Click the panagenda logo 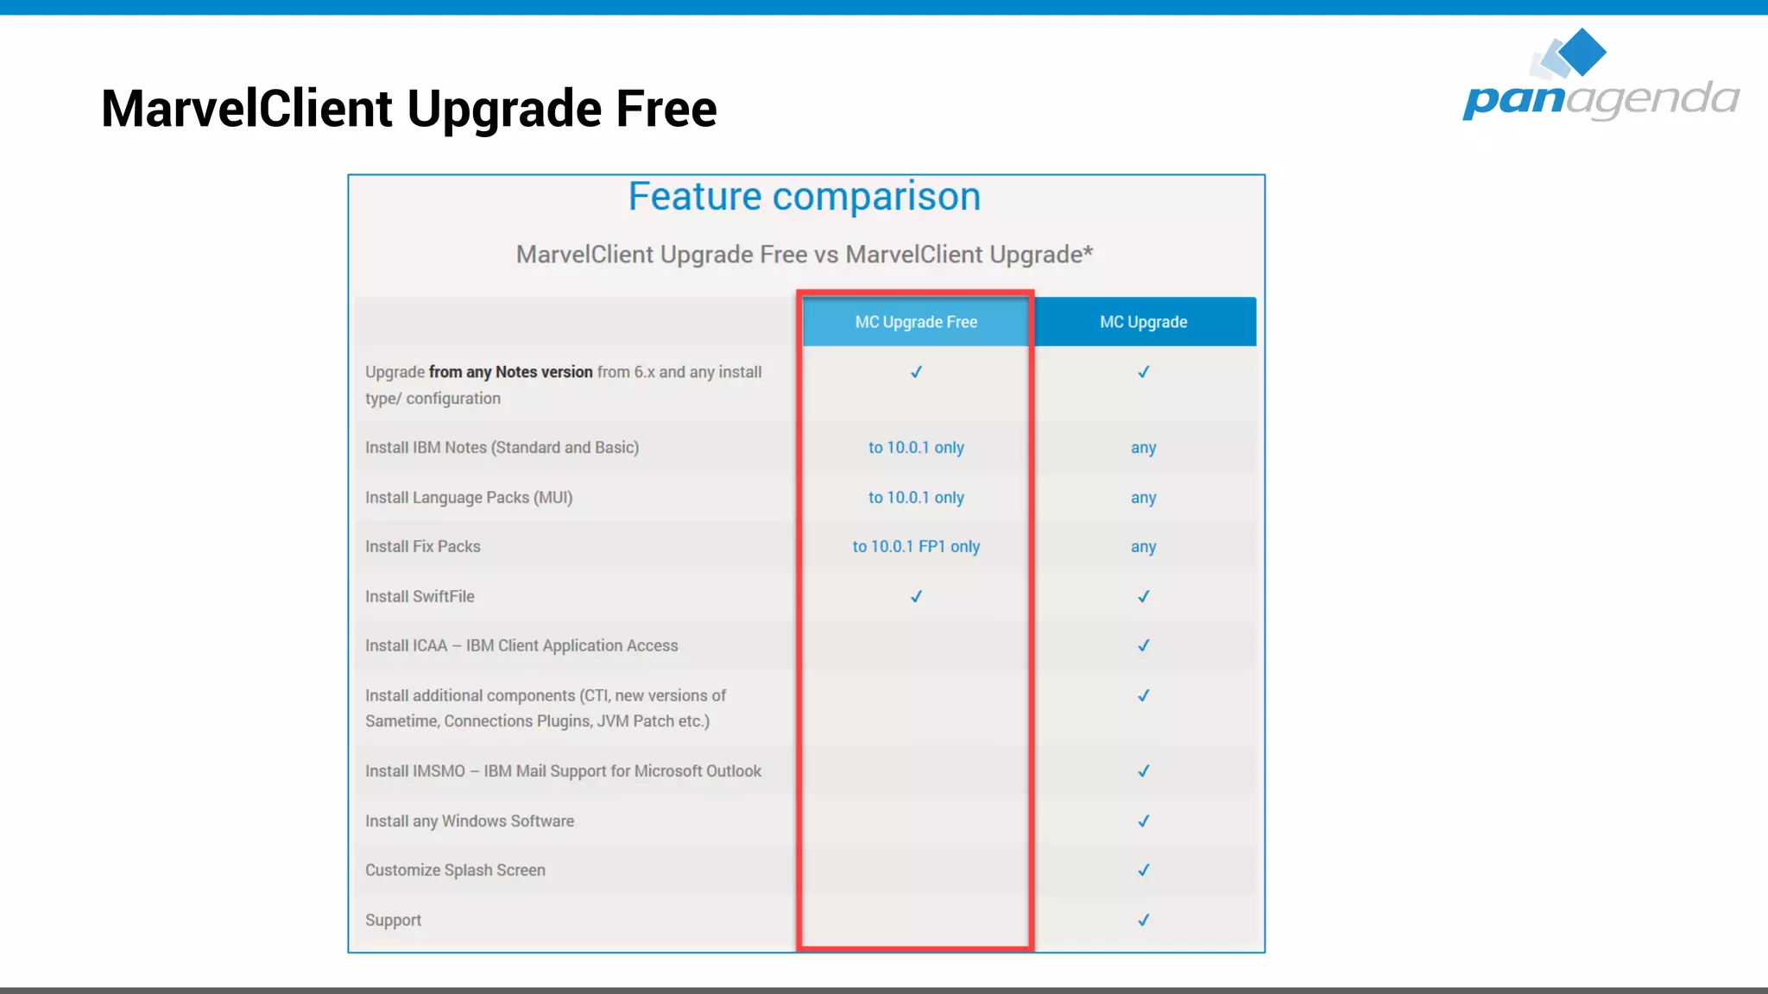(x=1601, y=78)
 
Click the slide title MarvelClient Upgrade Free (x=408, y=109)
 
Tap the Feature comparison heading (x=804, y=197)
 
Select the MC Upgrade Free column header (x=916, y=322)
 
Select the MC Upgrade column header (x=1143, y=322)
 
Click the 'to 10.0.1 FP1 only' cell (x=916, y=547)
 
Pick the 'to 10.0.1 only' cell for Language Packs (x=916, y=498)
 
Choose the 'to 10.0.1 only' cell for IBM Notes (x=916, y=448)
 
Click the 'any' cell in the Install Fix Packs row (x=1143, y=547)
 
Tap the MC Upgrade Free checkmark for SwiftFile (x=916, y=596)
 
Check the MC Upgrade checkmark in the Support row (x=1143, y=920)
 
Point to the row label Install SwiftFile (x=420, y=596)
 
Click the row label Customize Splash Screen (x=455, y=870)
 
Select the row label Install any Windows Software (x=470, y=821)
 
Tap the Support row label (x=393, y=920)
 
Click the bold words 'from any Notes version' (x=510, y=372)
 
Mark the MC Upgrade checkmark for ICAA (x=1143, y=645)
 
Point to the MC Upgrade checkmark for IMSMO (x=1143, y=771)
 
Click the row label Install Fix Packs (x=422, y=547)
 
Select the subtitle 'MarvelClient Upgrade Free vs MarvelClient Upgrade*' (x=804, y=255)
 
